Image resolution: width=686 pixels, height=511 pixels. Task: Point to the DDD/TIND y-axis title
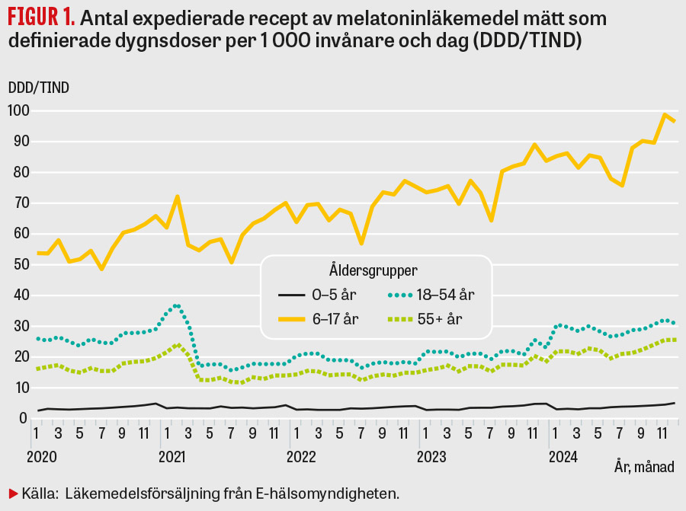(x=38, y=87)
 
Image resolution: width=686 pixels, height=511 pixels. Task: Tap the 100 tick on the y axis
(x=18, y=111)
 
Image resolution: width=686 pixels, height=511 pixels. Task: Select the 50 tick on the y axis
(x=18, y=265)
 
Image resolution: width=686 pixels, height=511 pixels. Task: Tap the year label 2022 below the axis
(x=302, y=458)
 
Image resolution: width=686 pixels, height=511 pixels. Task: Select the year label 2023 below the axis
(x=432, y=458)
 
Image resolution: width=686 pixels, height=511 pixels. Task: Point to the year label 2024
(x=563, y=458)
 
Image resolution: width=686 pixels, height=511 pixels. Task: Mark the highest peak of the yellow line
(x=665, y=114)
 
